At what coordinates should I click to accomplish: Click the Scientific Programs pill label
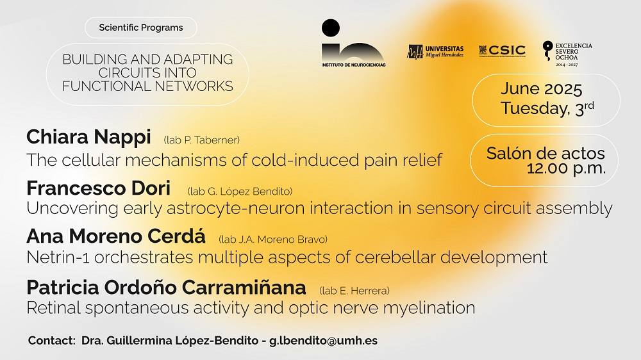pyautogui.click(x=141, y=28)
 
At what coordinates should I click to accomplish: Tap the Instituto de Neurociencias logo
pyautogui.click(x=353, y=44)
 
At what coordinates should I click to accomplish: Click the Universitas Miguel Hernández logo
pyautogui.click(x=435, y=52)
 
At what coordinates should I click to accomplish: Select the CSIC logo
pyautogui.click(x=502, y=51)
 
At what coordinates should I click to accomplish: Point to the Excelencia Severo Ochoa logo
pyautogui.click(x=567, y=54)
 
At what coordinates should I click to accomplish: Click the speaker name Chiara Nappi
pyautogui.click(x=88, y=137)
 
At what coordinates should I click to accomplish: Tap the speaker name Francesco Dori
pyautogui.click(x=99, y=188)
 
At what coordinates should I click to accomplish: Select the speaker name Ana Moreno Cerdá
pyautogui.click(x=116, y=236)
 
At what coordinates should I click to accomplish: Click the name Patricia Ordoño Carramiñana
pyautogui.click(x=167, y=287)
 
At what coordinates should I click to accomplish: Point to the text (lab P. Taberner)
pyautogui.click(x=201, y=140)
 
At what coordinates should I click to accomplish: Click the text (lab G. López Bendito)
pyautogui.click(x=240, y=192)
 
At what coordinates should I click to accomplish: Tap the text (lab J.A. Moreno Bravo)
pyautogui.click(x=273, y=240)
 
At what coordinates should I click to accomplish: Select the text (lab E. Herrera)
pyautogui.click(x=354, y=291)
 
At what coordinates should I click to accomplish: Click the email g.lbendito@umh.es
pyautogui.click(x=323, y=341)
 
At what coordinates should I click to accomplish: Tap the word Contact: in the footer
pyautogui.click(x=52, y=340)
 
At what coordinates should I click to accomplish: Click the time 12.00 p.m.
pyautogui.click(x=566, y=168)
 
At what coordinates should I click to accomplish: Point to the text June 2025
pyautogui.click(x=541, y=88)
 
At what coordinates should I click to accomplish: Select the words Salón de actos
pyautogui.click(x=545, y=153)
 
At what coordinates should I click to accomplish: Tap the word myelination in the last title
pyautogui.click(x=429, y=308)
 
